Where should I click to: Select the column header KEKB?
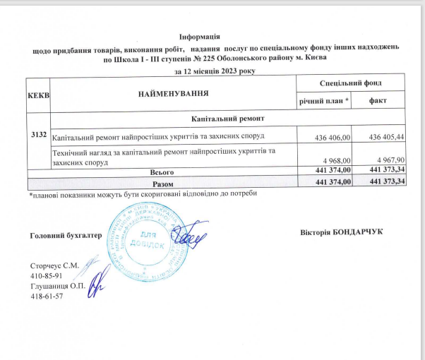click(37, 95)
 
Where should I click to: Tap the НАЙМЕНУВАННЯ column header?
click(173, 94)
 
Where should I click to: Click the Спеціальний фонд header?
click(351, 84)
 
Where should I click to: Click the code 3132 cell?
click(38, 134)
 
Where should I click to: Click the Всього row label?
click(162, 172)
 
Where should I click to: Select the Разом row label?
click(163, 183)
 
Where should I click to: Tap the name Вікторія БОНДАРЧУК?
click(342, 233)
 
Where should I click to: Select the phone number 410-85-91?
click(47, 275)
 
